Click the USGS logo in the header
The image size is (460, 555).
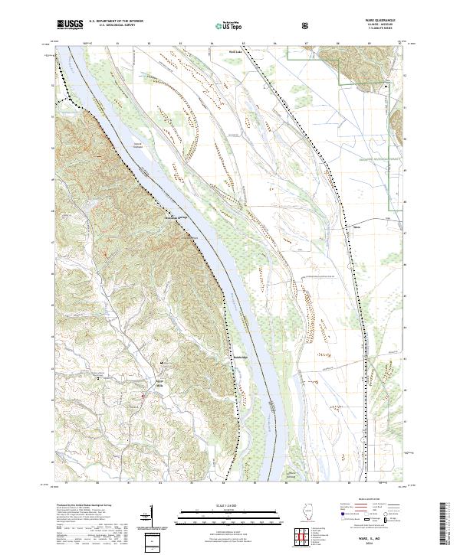coord(71,24)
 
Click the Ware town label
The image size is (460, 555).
coord(356,227)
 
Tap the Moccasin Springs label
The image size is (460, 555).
coord(177,217)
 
